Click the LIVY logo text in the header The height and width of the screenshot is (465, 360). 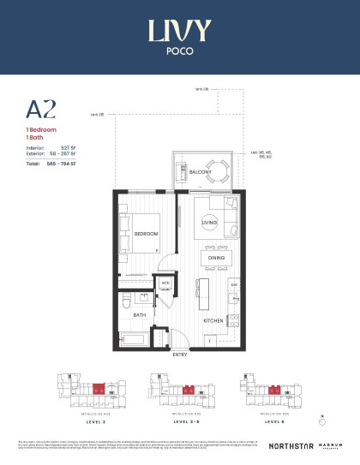[x=179, y=31]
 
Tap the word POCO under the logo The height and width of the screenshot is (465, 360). [x=179, y=50]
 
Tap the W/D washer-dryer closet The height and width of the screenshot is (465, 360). [x=165, y=283]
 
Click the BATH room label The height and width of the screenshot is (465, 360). [x=138, y=314]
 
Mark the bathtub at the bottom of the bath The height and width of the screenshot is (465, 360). [x=135, y=340]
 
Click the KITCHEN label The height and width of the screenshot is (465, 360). [x=213, y=320]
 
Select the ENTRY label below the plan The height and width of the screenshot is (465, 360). [x=180, y=354]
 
